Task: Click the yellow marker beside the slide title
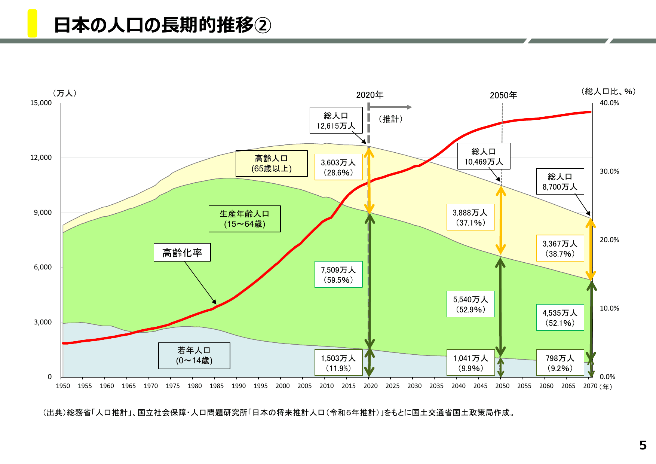click(x=33, y=23)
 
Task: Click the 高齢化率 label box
click(x=182, y=253)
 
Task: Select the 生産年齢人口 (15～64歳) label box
click(x=245, y=219)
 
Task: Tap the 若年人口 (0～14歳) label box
click(x=194, y=355)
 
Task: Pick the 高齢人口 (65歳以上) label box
click(x=272, y=164)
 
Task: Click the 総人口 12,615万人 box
click(x=336, y=120)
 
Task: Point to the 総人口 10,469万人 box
click(x=484, y=156)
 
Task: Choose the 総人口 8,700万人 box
click(x=560, y=181)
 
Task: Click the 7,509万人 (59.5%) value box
click(x=338, y=275)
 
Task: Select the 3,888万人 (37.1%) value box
click(x=470, y=217)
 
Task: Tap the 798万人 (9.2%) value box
click(x=560, y=363)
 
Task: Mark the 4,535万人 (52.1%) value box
click(x=560, y=318)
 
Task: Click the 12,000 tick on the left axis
click(x=41, y=158)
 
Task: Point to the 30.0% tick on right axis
click(x=609, y=171)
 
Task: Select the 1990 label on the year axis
click(x=239, y=386)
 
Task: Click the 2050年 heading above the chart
click(x=503, y=95)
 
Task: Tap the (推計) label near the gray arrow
click(x=390, y=119)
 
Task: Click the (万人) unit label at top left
click(x=65, y=93)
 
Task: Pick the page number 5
click(x=643, y=445)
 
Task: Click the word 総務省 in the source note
click(x=78, y=413)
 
